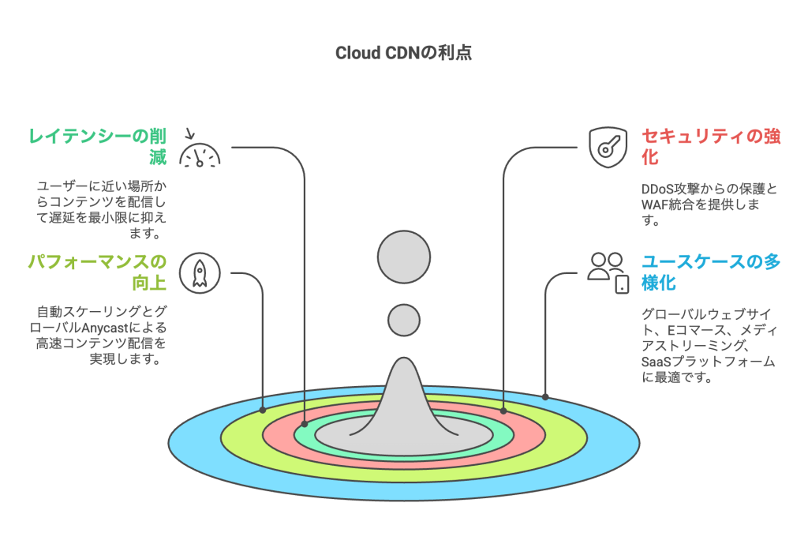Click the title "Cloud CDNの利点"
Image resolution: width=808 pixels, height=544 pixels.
[x=403, y=54]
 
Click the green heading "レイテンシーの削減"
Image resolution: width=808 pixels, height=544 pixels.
[x=96, y=146]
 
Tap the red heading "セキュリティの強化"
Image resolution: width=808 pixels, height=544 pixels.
[x=710, y=146]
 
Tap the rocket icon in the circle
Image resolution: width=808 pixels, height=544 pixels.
[x=200, y=272]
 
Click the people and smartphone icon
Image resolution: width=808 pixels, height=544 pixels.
[x=608, y=272]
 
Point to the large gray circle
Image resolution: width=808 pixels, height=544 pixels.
[x=404, y=257]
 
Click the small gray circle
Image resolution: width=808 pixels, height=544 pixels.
[x=404, y=320]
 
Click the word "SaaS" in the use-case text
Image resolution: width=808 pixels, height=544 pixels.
[x=657, y=362]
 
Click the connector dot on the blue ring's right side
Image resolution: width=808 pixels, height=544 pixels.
[x=545, y=396]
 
